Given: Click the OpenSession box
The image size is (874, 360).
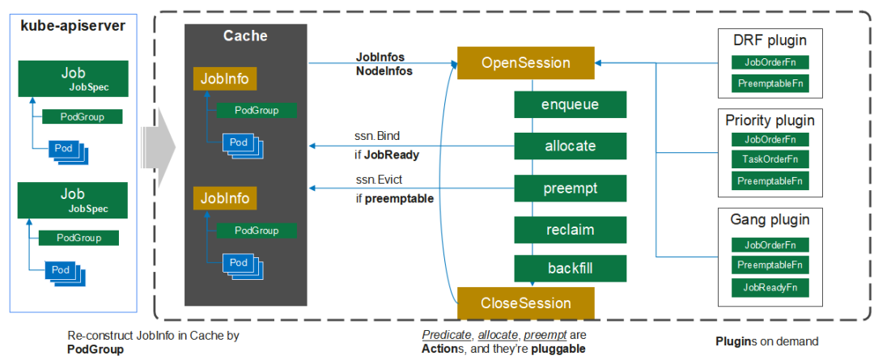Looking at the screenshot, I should pyautogui.click(x=525, y=63).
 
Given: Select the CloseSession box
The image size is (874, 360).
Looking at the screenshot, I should pyautogui.click(x=525, y=303).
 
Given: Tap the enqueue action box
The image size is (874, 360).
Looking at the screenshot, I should pyautogui.click(x=571, y=104).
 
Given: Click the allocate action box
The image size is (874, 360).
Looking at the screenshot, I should pyautogui.click(x=571, y=146).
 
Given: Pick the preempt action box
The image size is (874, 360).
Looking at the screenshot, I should pyautogui.click(x=571, y=188).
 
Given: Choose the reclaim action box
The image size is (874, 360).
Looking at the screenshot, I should pyautogui.click(x=571, y=230).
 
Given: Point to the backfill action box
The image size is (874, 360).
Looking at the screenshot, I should pyautogui.click(x=571, y=268).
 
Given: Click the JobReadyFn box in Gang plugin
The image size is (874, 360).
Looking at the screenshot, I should pyautogui.click(x=770, y=286).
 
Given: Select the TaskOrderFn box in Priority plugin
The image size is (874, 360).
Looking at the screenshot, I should pyautogui.click(x=770, y=160).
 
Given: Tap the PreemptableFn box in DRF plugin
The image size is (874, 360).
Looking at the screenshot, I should pyautogui.click(x=770, y=83).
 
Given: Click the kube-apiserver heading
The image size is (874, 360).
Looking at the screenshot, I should pyautogui.click(x=73, y=25).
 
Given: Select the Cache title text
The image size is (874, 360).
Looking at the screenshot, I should pyautogui.click(x=245, y=36).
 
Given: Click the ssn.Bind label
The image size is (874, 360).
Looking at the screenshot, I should pyautogui.click(x=377, y=135).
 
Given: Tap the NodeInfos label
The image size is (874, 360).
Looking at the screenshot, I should pyautogui.click(x=384, y=71).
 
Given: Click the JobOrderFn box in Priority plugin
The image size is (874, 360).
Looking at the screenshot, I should pyautogui.click(x=770, y=139).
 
